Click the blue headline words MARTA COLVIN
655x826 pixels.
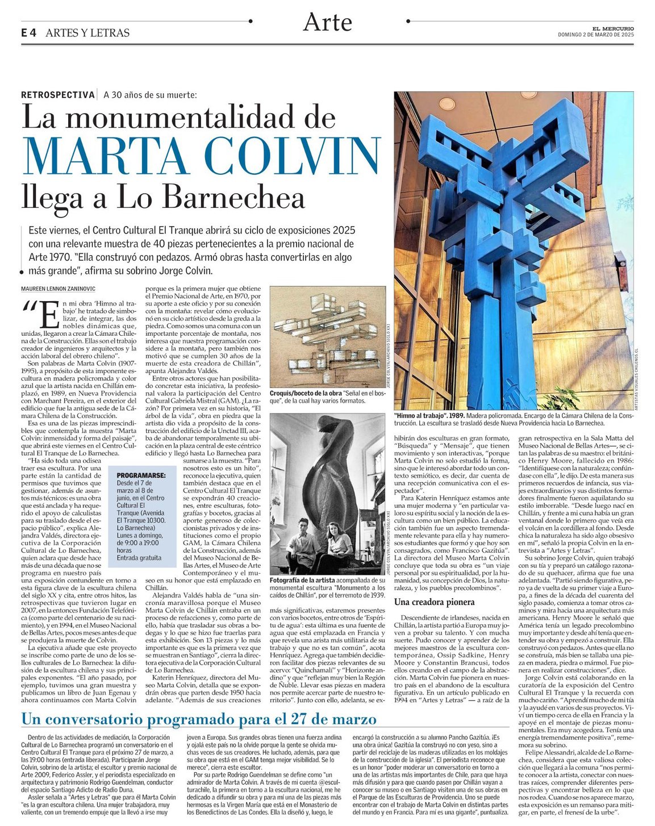coord(200,156)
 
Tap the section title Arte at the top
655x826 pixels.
coord(328,23)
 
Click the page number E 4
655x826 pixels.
coord(28,33)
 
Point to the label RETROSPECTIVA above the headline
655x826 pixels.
coord(57,95)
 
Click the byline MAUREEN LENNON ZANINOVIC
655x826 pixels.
coord(59,289)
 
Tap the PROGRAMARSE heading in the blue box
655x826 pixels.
coord(141,475)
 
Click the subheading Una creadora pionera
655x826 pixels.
coord(434,602)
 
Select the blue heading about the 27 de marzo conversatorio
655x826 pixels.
coord(199,719)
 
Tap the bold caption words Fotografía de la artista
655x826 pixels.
coord(302,581)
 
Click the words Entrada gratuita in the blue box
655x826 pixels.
coord(139,558)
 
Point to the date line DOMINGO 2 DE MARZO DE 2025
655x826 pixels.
coord(595,35)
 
